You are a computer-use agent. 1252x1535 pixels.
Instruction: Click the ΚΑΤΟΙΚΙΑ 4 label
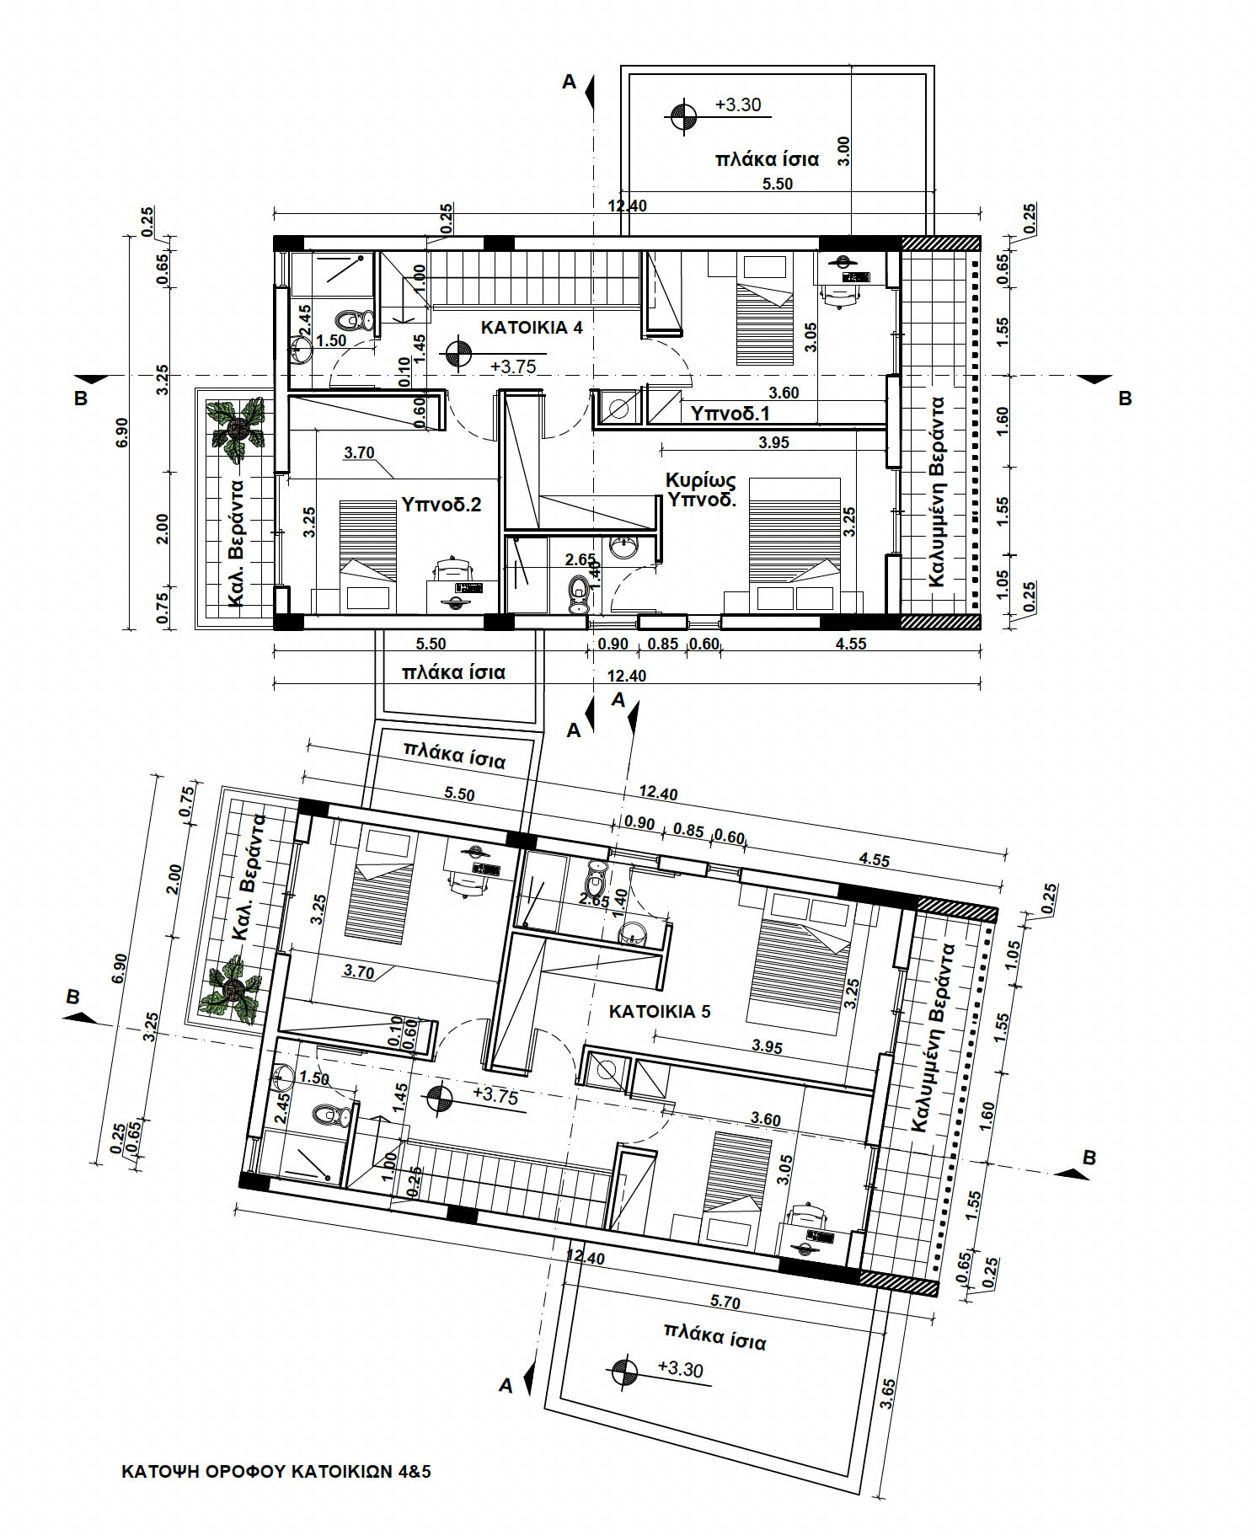531,327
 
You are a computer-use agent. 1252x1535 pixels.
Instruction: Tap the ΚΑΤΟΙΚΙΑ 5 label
660,1011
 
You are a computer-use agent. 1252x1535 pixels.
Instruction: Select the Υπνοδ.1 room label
730,414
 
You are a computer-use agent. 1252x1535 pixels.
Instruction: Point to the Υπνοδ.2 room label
441,505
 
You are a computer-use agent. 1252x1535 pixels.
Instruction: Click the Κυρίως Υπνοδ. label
701,489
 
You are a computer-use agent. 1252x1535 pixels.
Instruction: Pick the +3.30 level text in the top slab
737,104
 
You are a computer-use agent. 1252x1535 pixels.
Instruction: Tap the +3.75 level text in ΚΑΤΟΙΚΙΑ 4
513,367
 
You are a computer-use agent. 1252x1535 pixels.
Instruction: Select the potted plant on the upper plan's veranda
238,428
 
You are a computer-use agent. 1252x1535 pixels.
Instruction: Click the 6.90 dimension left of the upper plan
123,431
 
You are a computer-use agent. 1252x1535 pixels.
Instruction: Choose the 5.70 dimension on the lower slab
725,1302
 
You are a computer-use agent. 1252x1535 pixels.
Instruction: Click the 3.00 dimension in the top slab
844,152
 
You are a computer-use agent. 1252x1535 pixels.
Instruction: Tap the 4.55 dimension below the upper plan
850,644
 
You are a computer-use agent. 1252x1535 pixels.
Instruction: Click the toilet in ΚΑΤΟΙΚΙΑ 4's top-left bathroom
355,321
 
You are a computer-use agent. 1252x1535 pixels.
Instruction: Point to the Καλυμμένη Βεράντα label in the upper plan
936,492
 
